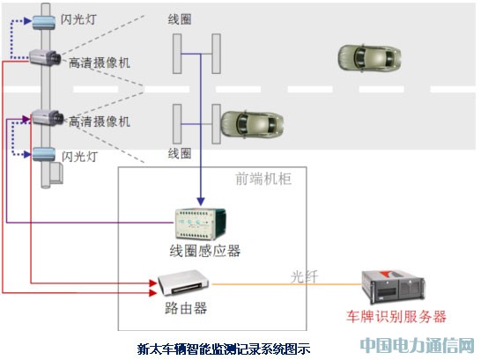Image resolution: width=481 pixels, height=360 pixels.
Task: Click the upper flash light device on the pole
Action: [x=44, y=22]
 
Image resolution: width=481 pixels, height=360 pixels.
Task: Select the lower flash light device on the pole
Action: [x=44, y=154]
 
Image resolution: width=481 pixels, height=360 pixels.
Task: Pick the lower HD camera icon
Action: [x=48, y=117]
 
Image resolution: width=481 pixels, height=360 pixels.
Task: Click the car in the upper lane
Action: [x=369, y=58]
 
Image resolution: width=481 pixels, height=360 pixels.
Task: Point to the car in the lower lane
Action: [x=252, y=123]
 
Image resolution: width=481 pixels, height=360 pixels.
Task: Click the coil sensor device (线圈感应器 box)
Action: [x=200, y=224]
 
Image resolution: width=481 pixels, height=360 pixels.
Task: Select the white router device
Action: [x=183, y=283]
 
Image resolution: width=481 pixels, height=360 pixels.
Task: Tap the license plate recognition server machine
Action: [x=393, y=286]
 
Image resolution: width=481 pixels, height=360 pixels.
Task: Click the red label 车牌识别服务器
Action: [x=396, y=317]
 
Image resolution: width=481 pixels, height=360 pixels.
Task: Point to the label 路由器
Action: [x=186, y=308]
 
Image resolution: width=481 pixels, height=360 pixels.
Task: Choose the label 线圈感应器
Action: [x=205, y=251]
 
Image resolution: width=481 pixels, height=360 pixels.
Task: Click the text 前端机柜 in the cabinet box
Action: [x=263, y=179]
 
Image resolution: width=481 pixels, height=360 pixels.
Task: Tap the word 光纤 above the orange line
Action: [x=304, y=277]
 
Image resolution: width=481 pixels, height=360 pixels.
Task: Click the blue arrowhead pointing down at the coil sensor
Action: [x=201, y=202]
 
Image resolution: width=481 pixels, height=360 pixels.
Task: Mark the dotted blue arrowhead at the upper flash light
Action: [x=28, y=21]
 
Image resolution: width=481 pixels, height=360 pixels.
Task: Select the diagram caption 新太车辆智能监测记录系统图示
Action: [x=224, y=349]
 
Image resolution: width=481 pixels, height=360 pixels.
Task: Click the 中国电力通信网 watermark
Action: [x=418, y=345]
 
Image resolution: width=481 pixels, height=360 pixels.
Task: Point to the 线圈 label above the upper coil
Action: [x=180, y=19]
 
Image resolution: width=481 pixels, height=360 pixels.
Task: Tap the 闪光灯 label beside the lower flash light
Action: [x=80, y=157]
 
